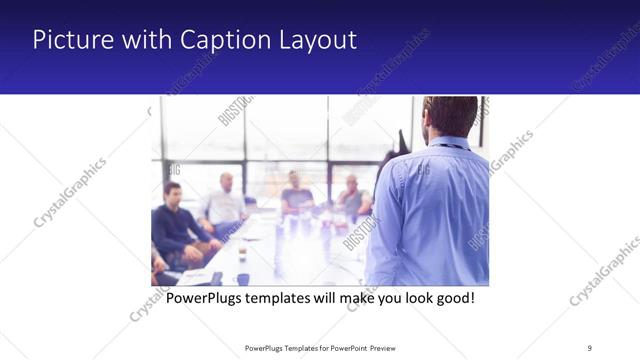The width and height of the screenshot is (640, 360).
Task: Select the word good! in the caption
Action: coord(451,298)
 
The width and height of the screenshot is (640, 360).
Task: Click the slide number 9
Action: coord(589,347)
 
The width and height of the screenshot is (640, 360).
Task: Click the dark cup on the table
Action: coord(243,279)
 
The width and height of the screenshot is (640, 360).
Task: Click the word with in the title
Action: coord(142,40)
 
